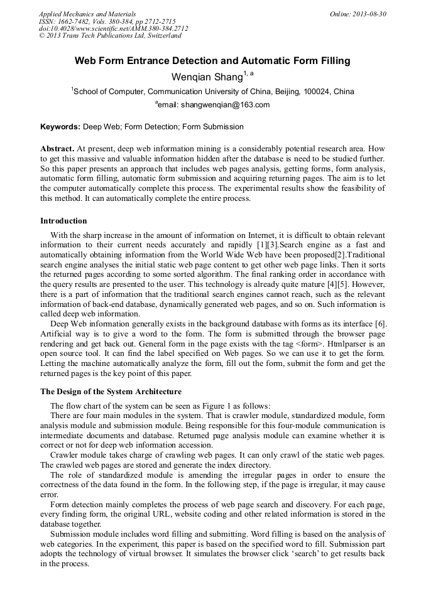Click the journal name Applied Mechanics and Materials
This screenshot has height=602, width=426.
(x=87, y=13)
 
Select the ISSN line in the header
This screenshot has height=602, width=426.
(x=107, y=21)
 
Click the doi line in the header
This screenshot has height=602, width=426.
(x=113, y=28)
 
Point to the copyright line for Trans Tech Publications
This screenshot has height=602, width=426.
(x=110, y=36)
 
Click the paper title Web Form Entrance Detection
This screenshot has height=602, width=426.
(x=212, y=61)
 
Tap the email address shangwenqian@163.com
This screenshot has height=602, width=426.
(x=225, y=105)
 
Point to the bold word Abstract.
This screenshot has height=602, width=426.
(x=57, y=149)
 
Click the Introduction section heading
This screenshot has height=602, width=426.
(x=63, y=221)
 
